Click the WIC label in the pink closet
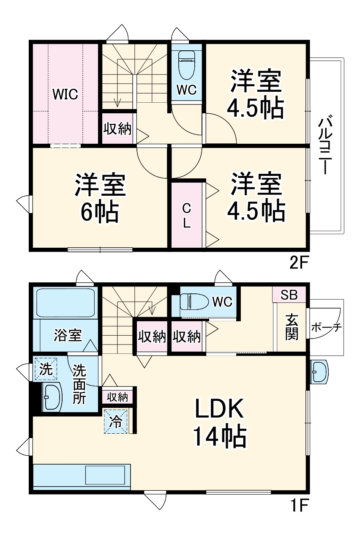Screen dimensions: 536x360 click(x=65, y=94)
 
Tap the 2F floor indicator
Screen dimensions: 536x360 click(x=300, y=263)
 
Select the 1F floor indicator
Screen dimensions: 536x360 click(x=300, y=505)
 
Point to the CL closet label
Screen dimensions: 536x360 click(x=186, y=215)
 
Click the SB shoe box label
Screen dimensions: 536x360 click(x=289, y=295)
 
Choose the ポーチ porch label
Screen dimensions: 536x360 click(x=326, y=328)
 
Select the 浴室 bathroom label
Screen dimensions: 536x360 click(x=68, y=335)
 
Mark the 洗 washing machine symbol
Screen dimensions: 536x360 click(x=46, y=369)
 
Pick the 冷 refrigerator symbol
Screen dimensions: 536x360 click(x=115, y=422)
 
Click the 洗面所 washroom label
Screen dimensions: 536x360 click(x=79, y=384)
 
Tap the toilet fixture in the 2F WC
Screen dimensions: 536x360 click(x=186, y=65)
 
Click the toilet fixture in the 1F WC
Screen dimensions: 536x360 click(x=194, y=302)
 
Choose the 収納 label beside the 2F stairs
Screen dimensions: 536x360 click(x=117, y=129)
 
